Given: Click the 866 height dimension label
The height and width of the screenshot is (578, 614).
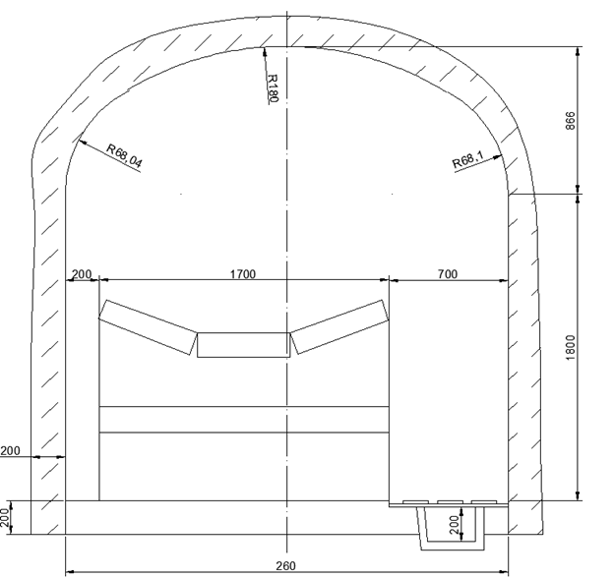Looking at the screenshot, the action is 571,121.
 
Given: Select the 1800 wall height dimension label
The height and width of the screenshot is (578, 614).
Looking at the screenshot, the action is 571,348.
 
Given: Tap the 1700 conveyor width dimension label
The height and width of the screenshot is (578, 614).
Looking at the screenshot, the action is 242,274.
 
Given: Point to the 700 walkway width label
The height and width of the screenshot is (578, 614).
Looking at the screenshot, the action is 447,273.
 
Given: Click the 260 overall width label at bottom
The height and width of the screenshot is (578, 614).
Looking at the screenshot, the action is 286,566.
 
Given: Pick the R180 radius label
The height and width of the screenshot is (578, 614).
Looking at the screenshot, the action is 273,88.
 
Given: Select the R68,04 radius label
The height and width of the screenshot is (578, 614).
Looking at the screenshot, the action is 124,156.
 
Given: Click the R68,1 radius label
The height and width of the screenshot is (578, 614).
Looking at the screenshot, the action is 468,159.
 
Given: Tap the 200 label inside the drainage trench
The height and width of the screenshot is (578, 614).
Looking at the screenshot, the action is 454,524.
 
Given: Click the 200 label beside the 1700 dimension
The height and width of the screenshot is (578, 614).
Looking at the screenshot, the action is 82,274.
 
